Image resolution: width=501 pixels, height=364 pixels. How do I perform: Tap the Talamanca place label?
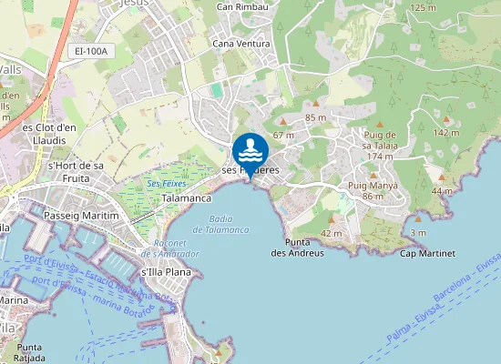pyautogui.click(x=187, y=197)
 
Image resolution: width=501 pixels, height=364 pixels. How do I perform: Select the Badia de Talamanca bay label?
pyautogui.click(x=228, y=224)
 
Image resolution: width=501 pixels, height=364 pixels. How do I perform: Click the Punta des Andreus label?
pyautogui.click(x=297, y=247)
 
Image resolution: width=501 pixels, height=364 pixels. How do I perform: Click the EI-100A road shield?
pyautogui.click(x=91, y=51)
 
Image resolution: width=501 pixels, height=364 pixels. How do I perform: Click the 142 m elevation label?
pyautogui.click(x=446, y=133)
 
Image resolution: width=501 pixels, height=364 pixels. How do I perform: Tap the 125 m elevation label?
pyautogui.click(x=424, y=7)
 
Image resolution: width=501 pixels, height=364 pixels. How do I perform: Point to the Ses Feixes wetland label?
pyautogui.click(x=167, y=184)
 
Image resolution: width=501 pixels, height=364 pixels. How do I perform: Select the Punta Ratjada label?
pyautogui.click(x=29, y=352)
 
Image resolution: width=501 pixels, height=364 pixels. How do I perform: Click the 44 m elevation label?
pyautogui.click(x=441, y=191)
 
